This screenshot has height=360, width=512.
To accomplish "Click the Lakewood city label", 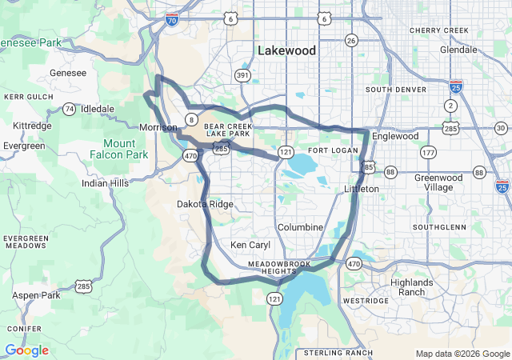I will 286,50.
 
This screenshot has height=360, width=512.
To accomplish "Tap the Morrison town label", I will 158,127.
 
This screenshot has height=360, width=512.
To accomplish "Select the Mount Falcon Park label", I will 119,148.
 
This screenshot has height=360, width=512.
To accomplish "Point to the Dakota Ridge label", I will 205,204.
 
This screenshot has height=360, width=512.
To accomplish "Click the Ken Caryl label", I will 250,245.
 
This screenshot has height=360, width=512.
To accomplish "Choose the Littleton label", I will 361,188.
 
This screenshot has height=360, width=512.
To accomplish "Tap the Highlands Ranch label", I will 412,287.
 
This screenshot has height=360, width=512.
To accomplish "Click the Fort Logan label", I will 329,150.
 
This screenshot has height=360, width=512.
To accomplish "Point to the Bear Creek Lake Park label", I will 228,130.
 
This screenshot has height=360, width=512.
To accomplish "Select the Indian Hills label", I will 105,183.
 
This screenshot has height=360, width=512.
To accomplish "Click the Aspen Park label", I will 37,295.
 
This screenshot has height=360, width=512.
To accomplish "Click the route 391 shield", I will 242,74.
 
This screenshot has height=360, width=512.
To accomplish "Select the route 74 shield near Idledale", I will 70,109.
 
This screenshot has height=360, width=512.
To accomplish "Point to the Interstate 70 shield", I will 172,19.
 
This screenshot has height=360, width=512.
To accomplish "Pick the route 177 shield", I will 428,152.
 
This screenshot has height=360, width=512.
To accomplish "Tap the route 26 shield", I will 351,39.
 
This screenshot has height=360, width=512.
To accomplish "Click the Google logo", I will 26,350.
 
